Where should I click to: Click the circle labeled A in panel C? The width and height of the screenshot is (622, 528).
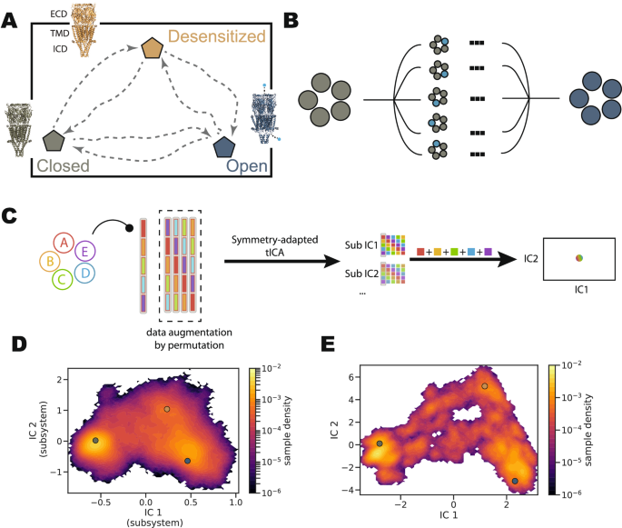tap(64, 242)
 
